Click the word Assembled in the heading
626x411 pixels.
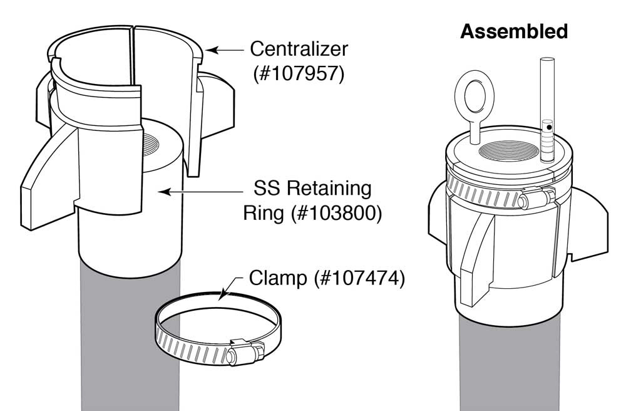point(513,31)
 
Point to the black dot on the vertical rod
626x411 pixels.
point(549,127)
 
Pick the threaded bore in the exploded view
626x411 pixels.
point(161,150)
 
